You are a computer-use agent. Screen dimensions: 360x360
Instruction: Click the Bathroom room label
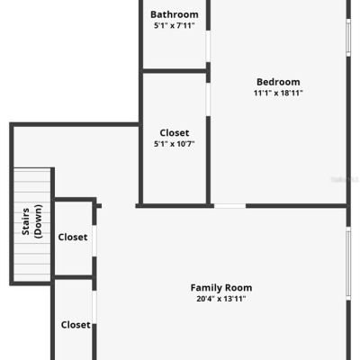[x=175, y=14]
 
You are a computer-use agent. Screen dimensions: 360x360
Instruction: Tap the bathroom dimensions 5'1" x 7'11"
[x=175, y=25]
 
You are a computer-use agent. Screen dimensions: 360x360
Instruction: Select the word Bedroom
[x=278, y=82]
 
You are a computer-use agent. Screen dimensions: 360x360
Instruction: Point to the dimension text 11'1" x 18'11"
[x=278, y=93]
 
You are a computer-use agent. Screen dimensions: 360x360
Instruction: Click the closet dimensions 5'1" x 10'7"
[x=175, y=144]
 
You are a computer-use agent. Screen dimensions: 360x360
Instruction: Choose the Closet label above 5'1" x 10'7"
[x=175, y=132]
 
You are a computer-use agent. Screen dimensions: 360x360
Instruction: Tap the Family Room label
[x=221, y=288]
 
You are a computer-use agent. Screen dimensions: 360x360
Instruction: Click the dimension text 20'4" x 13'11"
[x=221, y=299]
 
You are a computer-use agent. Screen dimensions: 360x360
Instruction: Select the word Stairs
[x=25, y=221]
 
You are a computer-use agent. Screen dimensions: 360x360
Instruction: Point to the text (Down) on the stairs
[x=39, y=221]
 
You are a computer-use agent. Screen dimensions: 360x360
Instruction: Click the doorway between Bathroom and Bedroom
[x=208, y=46]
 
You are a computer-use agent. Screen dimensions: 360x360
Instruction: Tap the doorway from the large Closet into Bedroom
[x=208, y=100]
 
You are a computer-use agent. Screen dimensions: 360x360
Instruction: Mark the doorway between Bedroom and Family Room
[x=229, y=206]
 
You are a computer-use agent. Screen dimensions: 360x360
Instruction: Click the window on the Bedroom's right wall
[x=348, y=38]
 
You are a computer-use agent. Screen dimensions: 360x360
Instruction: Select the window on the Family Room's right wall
[x=348, y=263]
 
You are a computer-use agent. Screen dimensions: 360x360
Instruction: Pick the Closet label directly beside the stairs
[x=73, y=237]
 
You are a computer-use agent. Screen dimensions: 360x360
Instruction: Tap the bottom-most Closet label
[x=76, y=325]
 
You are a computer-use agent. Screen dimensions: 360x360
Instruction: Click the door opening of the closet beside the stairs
[x=94, y=241]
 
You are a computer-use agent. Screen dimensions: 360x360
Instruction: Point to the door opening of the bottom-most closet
[x=94, y=307]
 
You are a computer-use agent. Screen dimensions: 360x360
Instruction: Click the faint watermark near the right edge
[x=345, y=179]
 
